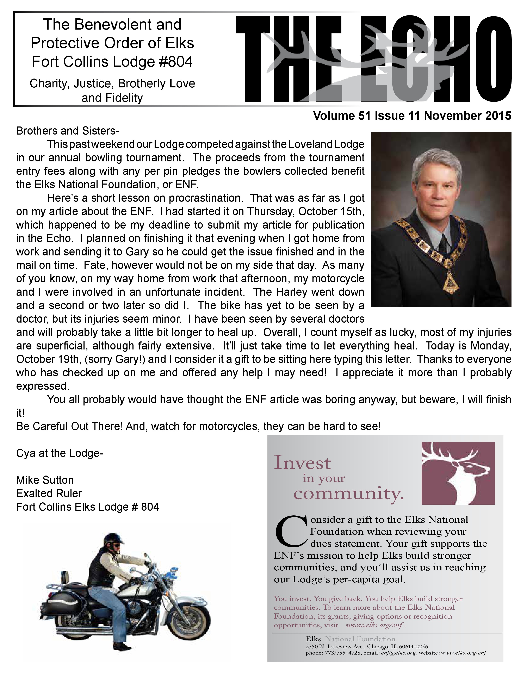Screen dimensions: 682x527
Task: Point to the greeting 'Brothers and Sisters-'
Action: tap(67, 131)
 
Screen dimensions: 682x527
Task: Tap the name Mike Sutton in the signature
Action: tap(45, 480)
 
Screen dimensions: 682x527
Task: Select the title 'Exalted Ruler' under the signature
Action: tap(49, 493)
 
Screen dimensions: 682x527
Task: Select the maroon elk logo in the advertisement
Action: tap(458, 473)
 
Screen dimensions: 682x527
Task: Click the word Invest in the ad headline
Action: tap(302, 463)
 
